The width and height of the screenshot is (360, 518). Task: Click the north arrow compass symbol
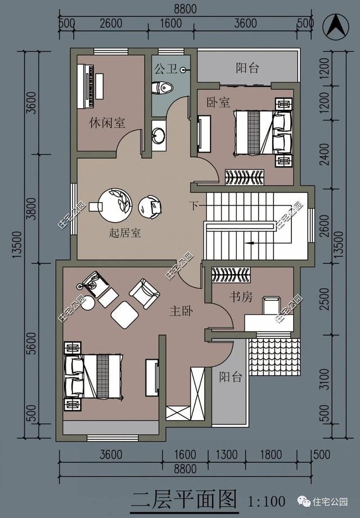click(x=338, y=26)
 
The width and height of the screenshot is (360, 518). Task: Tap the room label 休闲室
click(x=107, y=122)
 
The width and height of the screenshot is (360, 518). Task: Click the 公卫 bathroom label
click(x=165, y=69)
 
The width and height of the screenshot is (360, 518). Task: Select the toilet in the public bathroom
click(x=163, y=88)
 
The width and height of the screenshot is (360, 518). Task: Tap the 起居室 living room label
click(x=125, y=233)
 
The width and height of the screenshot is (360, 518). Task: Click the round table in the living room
click(x=115, y=203)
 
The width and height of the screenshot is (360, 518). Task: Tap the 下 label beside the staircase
click(x=193, y=206)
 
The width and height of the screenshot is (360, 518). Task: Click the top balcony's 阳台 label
click(x=247, y=68)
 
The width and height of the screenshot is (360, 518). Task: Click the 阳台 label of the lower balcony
click(x=230, y=377)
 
